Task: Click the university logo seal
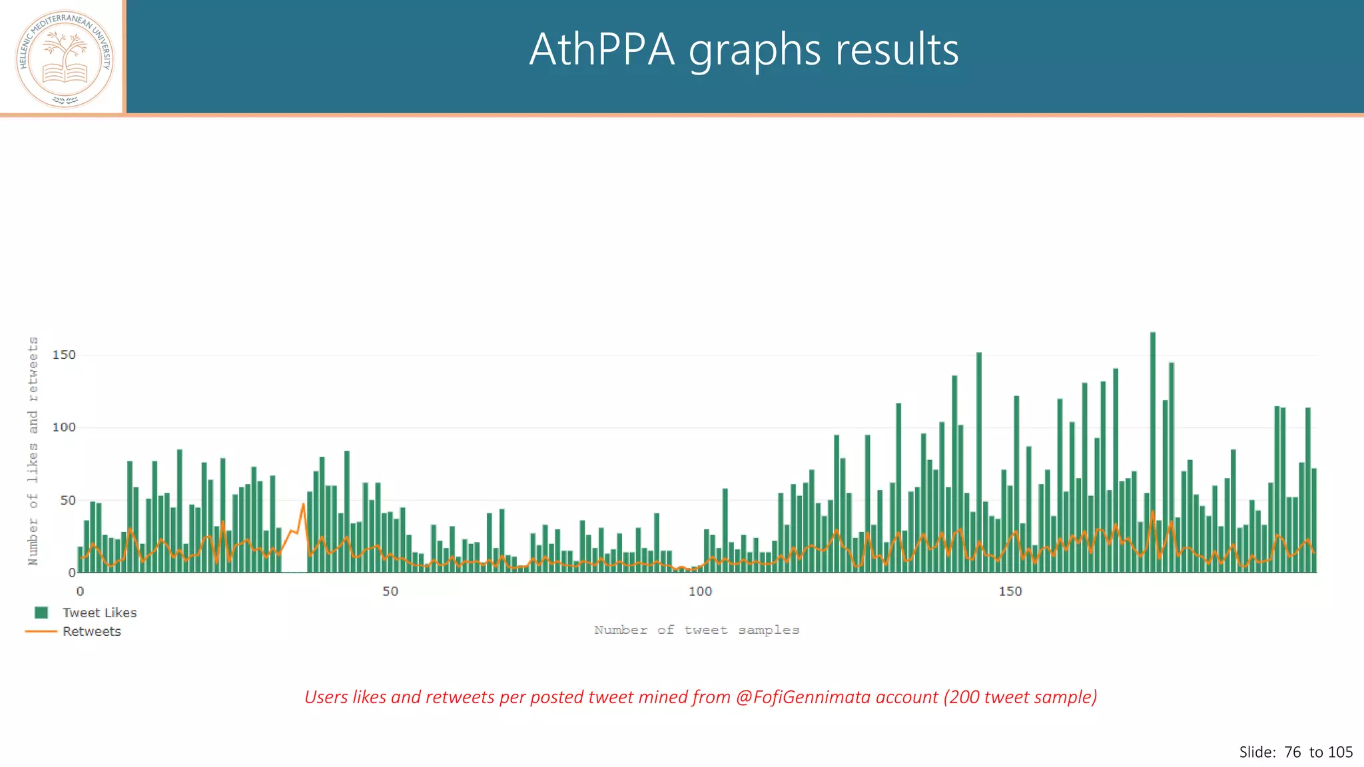click(65, 59)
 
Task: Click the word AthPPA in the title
click(601, 50)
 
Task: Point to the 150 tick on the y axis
click(64, 355)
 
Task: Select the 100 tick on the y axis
click(64, 427)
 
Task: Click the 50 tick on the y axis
click(67, 500)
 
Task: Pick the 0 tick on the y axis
click(71, 573)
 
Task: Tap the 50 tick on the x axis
click(390, 591)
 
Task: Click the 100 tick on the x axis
click(700, 591)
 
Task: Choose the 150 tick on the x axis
click(1010, 591)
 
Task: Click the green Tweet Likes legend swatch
click(41, 613)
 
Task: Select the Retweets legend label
click(92, 631)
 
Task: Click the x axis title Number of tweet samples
click(696, 630)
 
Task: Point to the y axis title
click(33, 451)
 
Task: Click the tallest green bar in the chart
click(1153, 453)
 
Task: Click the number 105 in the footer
click(1340, 752)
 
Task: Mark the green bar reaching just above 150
click(979, 463)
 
